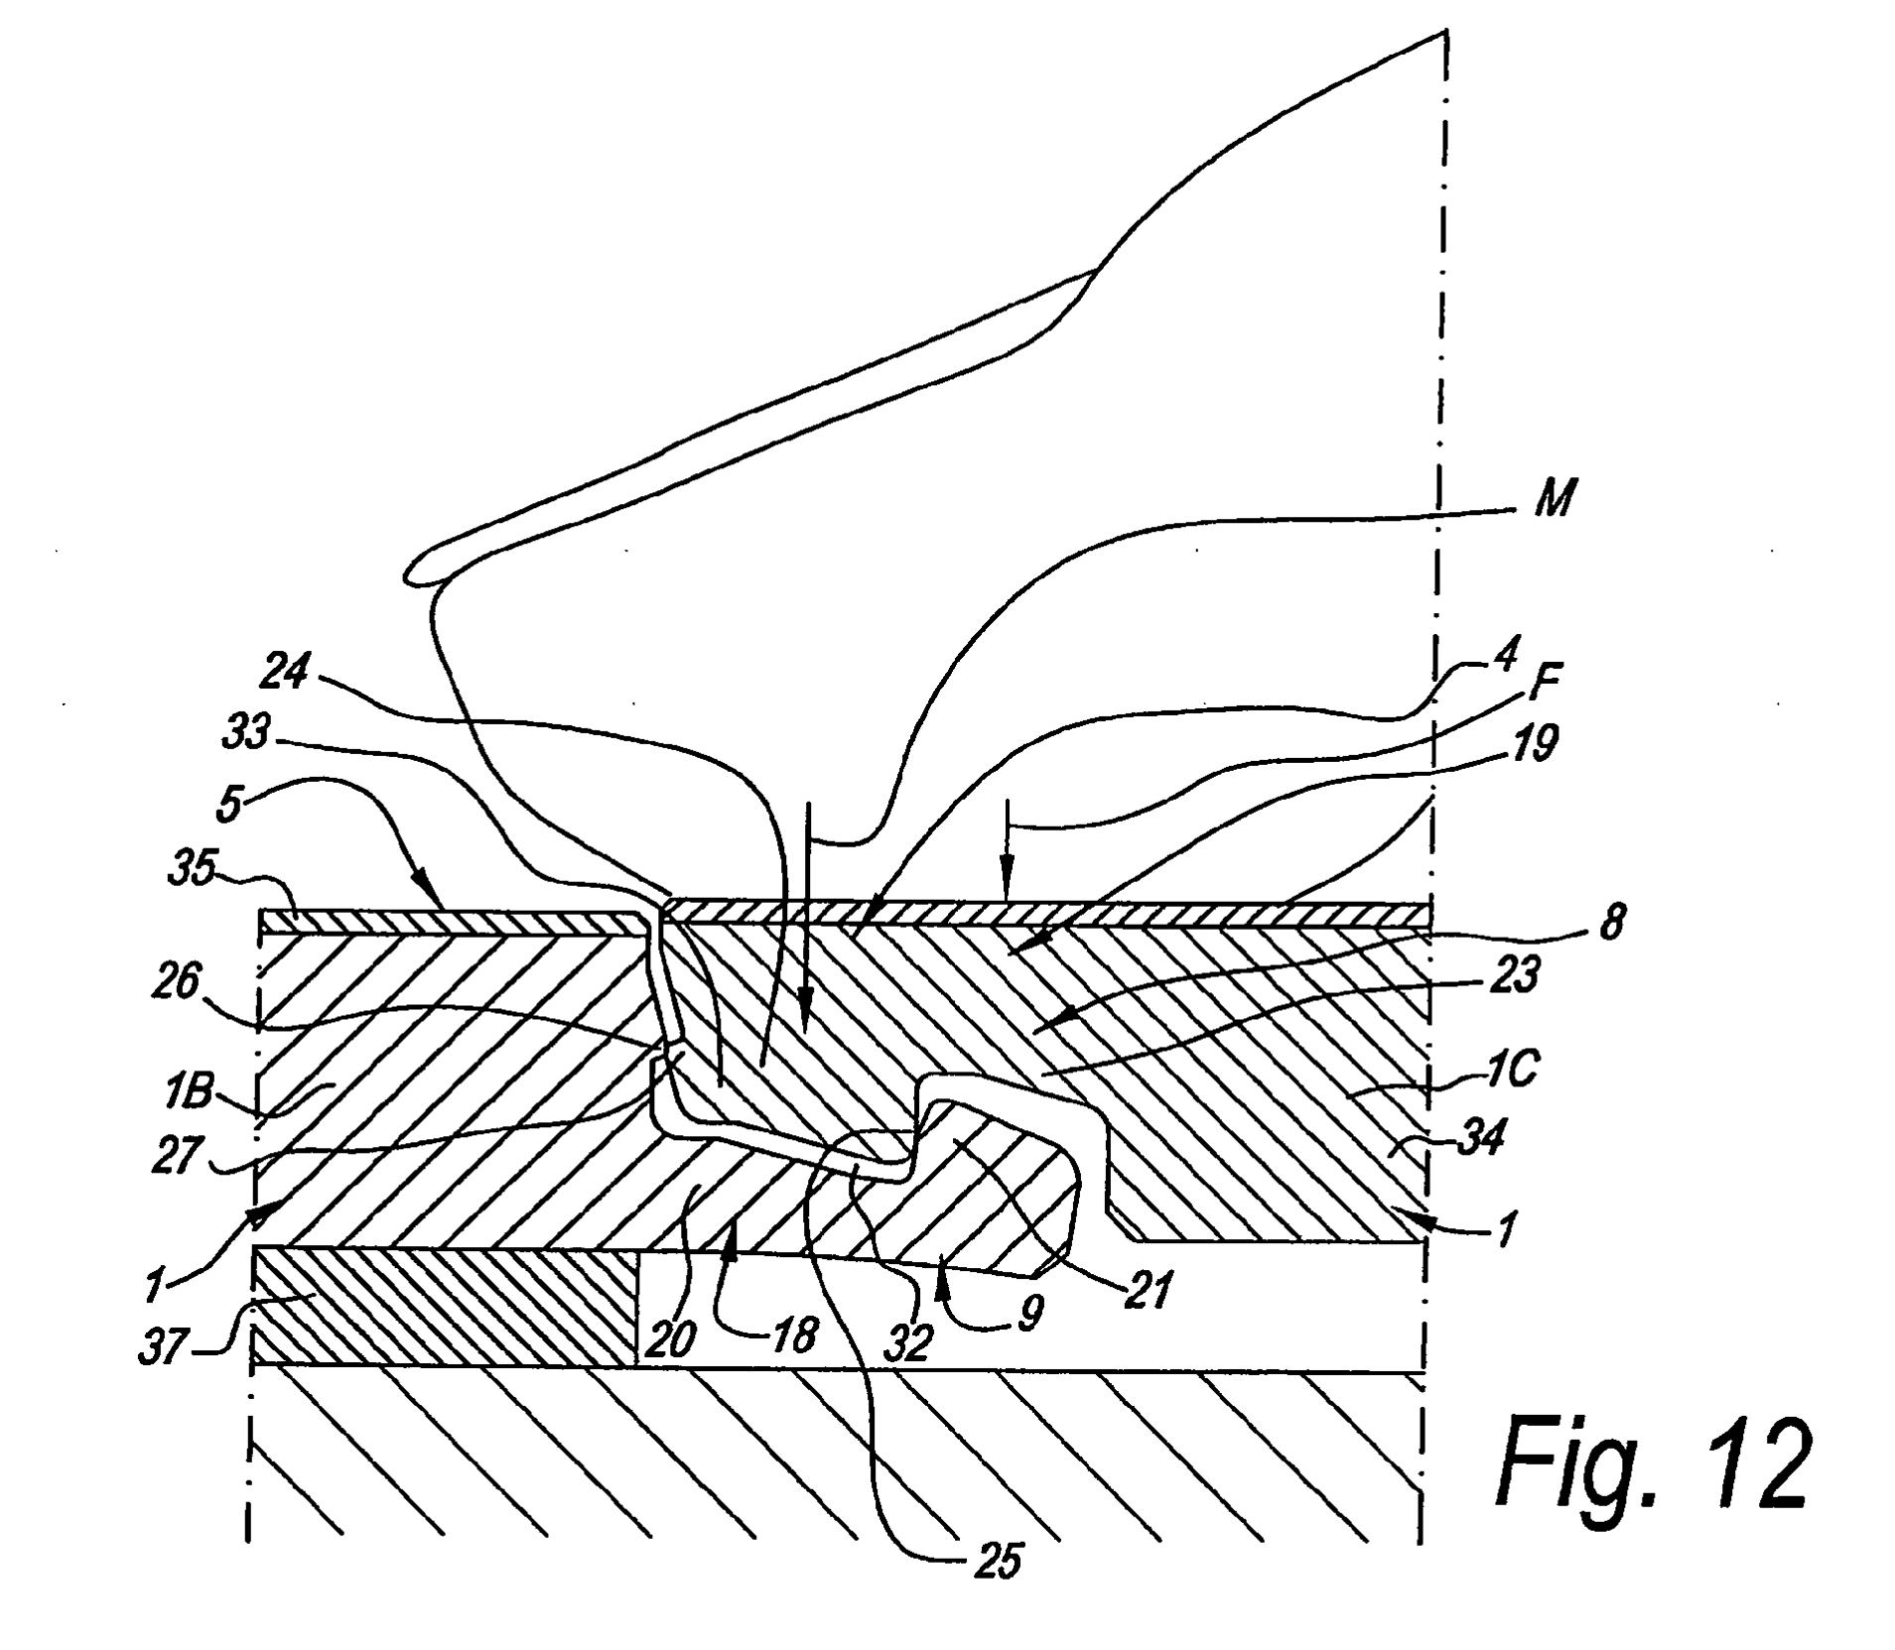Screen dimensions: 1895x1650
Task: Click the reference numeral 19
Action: (1536, 743)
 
